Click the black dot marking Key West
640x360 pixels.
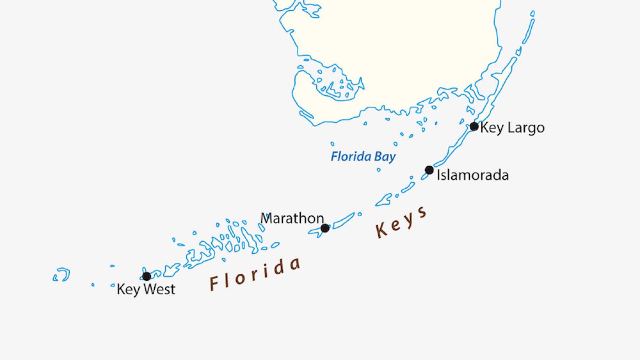146,276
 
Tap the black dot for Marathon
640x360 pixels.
325,228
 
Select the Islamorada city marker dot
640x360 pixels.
429,170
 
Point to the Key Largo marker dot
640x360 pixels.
474,126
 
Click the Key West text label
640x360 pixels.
146,289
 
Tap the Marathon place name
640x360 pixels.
292,218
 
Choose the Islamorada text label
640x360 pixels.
473,175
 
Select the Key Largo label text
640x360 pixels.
512,128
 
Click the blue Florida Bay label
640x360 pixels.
363,157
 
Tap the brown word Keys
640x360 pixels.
401,223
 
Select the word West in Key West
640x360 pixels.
159,289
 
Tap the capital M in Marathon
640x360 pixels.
266,218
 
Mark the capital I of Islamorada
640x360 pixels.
438,175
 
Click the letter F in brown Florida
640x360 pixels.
214,284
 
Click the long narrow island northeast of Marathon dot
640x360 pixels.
344,220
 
